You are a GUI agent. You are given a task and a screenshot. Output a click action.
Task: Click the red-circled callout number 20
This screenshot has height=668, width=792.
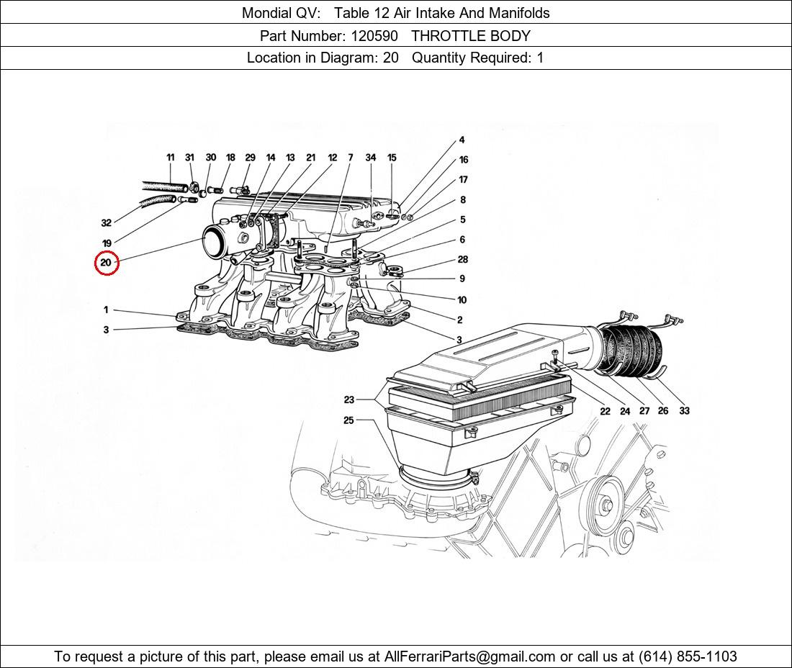coord(106,263)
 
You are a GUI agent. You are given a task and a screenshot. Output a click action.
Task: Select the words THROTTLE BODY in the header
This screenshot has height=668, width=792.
coord(471,35)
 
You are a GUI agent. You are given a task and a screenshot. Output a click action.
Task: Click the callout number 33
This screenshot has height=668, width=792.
coord(683,410)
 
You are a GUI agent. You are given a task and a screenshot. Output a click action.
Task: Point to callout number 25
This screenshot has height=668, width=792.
coord(348,420)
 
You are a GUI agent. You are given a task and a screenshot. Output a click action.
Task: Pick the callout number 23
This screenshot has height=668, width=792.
coord(348,400)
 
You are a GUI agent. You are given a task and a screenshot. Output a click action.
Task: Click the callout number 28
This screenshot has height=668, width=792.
coord(462,260)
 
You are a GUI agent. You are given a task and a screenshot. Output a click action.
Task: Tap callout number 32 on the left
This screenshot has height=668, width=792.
coord(106,222)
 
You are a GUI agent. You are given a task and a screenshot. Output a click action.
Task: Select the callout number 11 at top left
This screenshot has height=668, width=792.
coord(171,157)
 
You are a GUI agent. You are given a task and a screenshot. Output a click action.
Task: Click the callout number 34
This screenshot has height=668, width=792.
coord(370,157)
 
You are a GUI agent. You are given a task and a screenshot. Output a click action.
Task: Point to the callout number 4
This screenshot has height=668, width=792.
coord(462,140)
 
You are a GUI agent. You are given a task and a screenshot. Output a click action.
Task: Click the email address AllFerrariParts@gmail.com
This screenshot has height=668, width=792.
coord(470,656)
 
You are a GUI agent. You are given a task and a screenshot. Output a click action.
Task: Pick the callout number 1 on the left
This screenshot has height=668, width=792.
coord(106,310)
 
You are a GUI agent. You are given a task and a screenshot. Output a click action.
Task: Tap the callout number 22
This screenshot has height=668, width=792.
coord(605,411)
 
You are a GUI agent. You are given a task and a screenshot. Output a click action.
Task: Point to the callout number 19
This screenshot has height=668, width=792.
coord(106,243)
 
